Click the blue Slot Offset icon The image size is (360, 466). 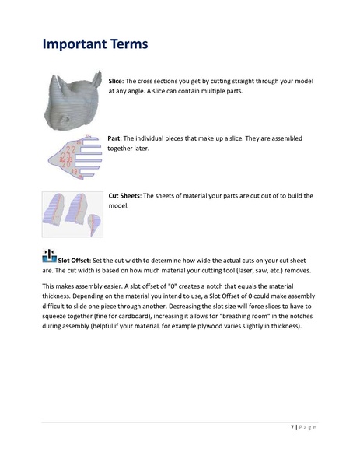48,256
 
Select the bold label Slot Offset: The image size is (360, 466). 75,260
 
